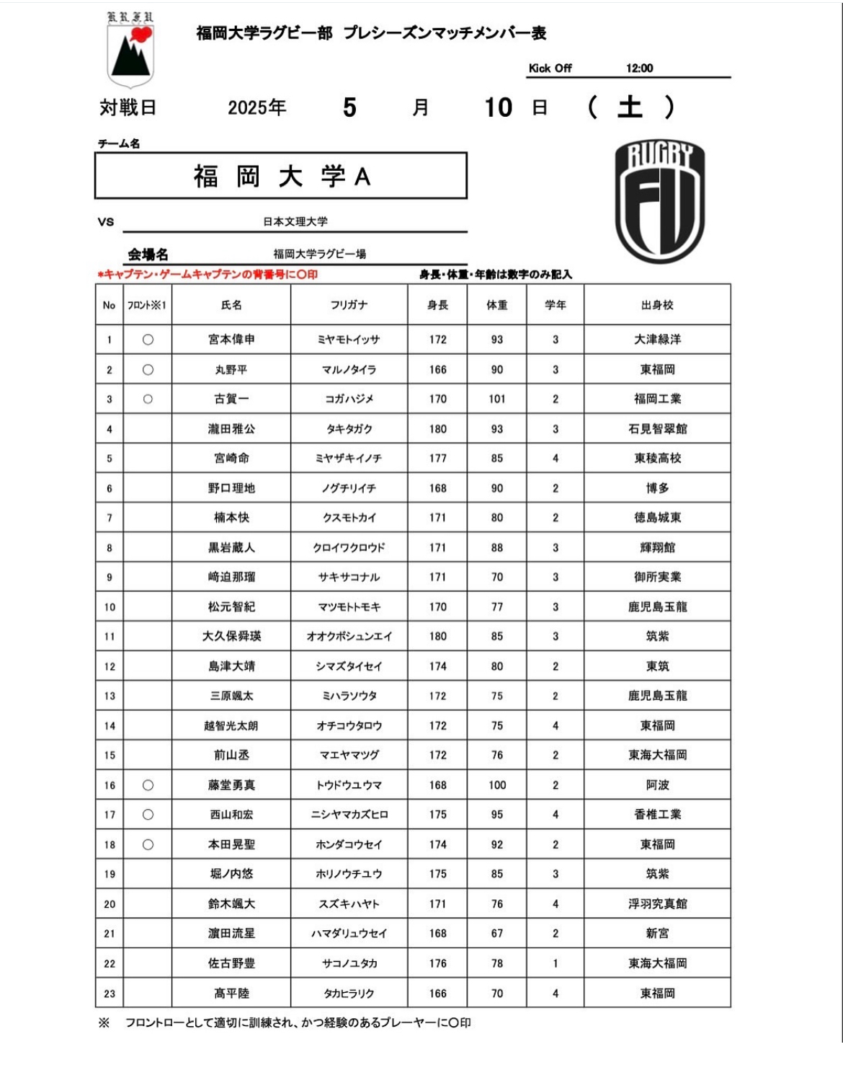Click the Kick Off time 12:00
tap(639, 69)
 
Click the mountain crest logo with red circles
tap(130, 50)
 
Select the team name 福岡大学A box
tap(281, 175)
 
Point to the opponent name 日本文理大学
tap(295, 221)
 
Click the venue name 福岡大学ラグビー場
tap(319, 254)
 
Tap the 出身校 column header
tap(657, 305)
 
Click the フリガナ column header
tap(349, 305)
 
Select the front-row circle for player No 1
tap(148, 340)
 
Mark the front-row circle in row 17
tap(148, 815)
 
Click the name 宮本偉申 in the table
tap(231, 340)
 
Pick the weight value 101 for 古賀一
tap(497, 399)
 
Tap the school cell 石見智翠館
tap(657, 429)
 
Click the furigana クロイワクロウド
tap(349, 547)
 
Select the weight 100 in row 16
tap(497, 785)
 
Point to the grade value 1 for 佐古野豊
tap(556, 963)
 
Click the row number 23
tap(110, 994)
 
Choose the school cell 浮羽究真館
tap(657, 903)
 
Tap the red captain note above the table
tap(208, 275)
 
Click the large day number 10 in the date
tap(498, 107)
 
